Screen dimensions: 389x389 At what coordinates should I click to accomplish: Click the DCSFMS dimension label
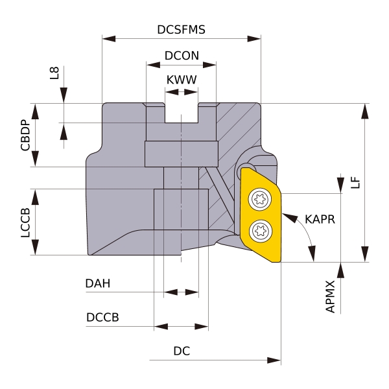point(182,30)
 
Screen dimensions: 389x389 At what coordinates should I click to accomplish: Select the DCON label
point(181,56)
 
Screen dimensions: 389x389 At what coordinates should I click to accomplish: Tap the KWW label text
point(182,80)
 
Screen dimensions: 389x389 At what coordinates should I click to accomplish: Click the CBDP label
point(25,135)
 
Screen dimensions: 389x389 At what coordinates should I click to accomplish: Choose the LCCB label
point(25,222)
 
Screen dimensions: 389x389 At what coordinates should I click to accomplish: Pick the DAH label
point(97,283)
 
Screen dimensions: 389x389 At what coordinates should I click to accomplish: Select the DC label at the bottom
point(181,351)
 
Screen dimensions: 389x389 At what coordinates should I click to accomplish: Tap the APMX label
point(331,297)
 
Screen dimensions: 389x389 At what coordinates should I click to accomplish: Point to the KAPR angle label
point(320,219)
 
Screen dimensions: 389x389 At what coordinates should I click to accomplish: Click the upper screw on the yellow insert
point(263,198)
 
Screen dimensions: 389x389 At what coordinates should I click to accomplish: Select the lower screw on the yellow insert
point(263,228)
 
